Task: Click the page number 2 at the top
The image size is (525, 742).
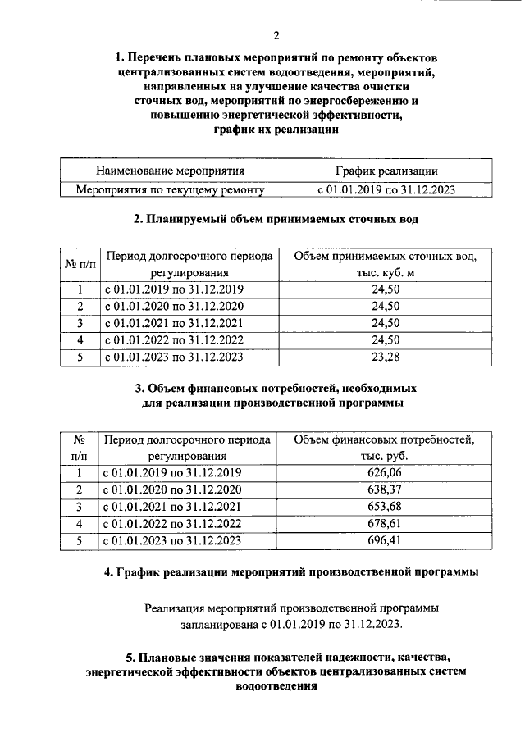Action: [x=276, y=34]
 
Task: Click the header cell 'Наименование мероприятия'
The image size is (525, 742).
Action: [x=171, y=171]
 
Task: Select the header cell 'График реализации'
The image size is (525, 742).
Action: [x=386, y=171]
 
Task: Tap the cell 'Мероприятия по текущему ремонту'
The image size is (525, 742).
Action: [x=171, y=190]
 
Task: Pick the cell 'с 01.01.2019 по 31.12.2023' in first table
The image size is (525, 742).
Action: [x=386, y=190]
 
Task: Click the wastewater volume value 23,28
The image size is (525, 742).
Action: [x=385, y=357]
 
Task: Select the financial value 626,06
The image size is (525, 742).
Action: [x=385, y=473]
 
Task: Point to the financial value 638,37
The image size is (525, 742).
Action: [x=385, y=490]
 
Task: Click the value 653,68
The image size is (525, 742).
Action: [x=385, y=507]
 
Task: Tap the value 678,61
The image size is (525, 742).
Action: [x=385, y=524]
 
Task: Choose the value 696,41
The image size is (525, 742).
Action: [x=385, y=540]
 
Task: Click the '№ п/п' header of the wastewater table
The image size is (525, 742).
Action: [x=80, y=264]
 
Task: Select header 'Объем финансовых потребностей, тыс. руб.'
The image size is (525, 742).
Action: [x=385, y=448]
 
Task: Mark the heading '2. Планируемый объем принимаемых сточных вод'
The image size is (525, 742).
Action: [x=276, y=220]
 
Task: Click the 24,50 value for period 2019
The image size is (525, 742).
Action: [x=385, y=289]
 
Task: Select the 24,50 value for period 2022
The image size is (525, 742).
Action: [x=385, y=340]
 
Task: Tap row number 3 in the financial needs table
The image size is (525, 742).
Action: [x=80, y=507]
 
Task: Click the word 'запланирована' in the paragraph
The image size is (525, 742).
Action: [x=218, y=625]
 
